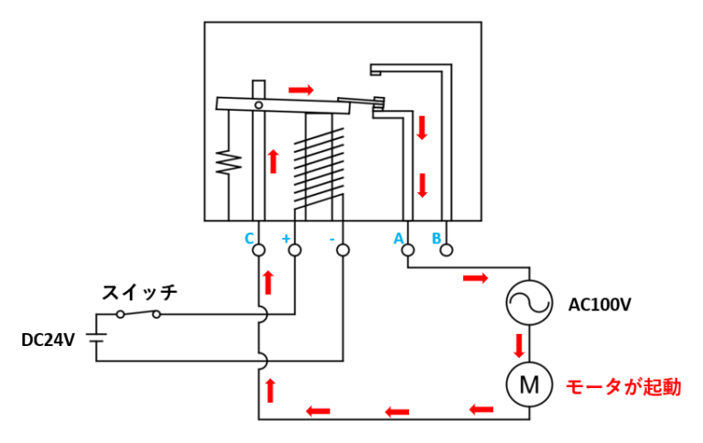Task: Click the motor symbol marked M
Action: point(529,384)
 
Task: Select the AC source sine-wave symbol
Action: point(529,303)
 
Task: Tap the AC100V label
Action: point(600,305)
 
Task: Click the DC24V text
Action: point(48,340)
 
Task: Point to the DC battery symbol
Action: point(96,338)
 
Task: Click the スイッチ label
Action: point(140,292)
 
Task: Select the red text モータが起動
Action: point(623,387)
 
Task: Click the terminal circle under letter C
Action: point(259,250)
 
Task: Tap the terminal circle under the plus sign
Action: point(295,250)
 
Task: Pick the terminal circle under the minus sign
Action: point(343,250)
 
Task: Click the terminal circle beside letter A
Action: point(407,250)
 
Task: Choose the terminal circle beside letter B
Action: point(447,250)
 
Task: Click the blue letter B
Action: point(436,238)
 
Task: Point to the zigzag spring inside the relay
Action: point(229,162)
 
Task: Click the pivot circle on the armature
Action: point(259,105)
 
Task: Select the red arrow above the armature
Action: point(301,90)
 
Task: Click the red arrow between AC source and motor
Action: point(519,346)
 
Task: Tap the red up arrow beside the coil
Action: point(273,161)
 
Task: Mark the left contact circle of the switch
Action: point(120,314)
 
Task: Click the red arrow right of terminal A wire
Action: point(475,278)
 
